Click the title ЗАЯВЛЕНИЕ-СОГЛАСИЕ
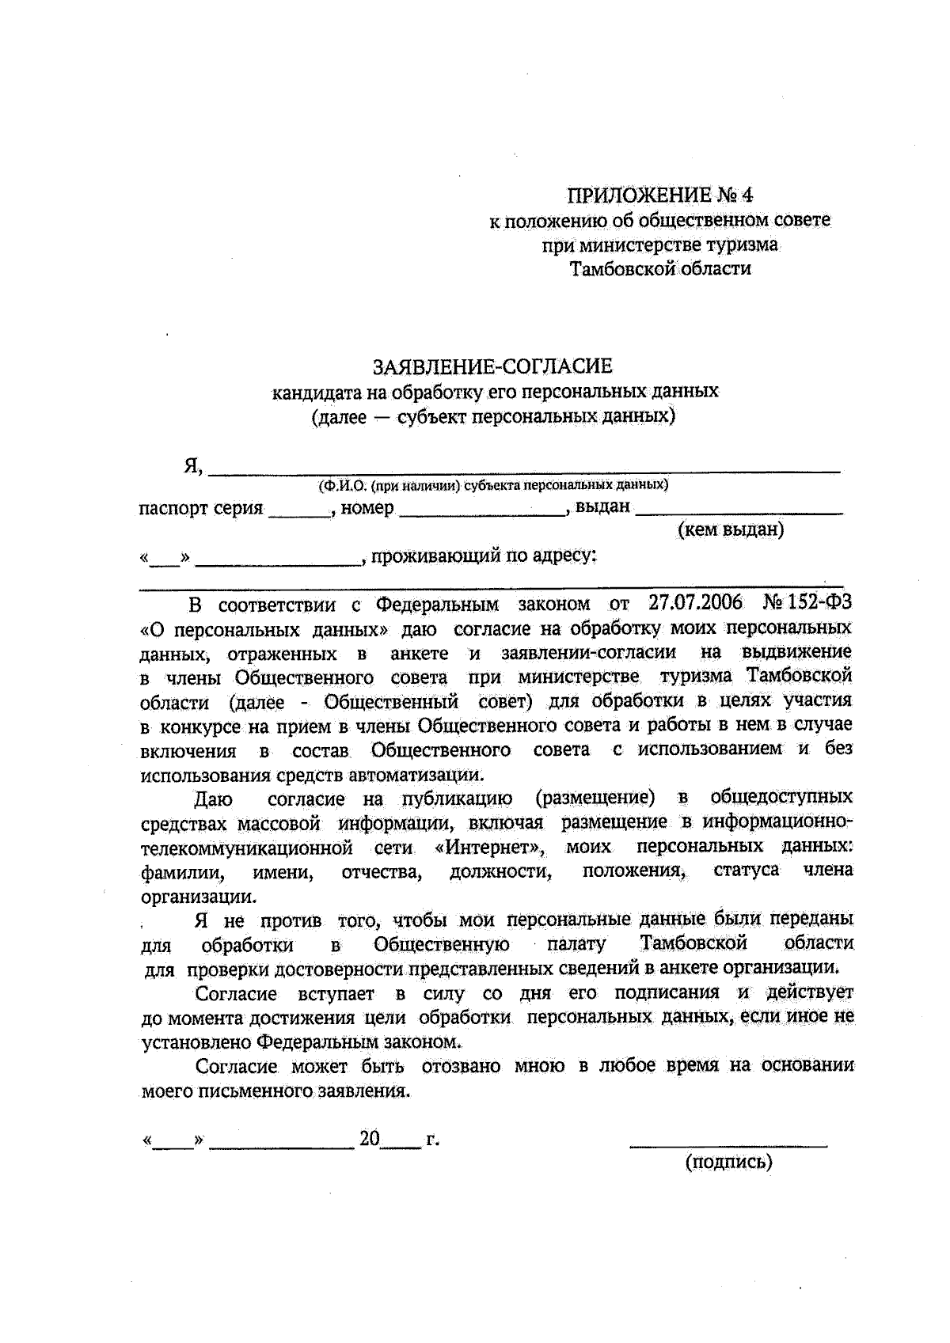pyautogui.click(x=492, y=366)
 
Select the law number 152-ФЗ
pyautogui.click(x=815, y=603)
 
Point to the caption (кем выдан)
pyautogui.click(x=730, y=529)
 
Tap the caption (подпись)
pyautogui.click(x=728, y=1162)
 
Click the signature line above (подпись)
pyautogui.click(x=728, y=1143)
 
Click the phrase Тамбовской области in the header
pyautogui.click(x=660, y=269)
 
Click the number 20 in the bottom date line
pyautogui.click(x=370, y=1140)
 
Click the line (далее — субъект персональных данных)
pyautogui.click(x=492, y=415)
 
